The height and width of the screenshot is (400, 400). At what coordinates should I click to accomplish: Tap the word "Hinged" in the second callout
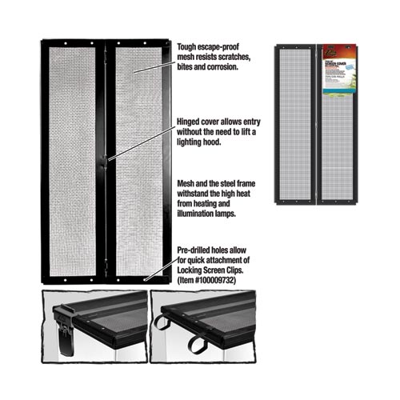point(189,122)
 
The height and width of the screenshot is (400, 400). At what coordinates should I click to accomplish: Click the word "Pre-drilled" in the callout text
point(195,252)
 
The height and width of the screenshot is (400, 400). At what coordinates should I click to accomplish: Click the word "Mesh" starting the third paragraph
point(185,183)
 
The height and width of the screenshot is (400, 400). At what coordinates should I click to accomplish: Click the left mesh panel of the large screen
point(72,160)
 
